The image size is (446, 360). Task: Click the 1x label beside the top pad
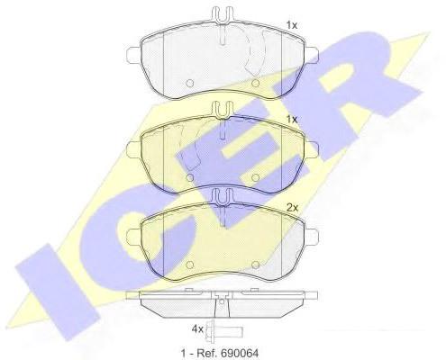point(291,25)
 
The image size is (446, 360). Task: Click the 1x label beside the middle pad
point(291,120)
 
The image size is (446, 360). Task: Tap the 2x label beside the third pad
point(292,207)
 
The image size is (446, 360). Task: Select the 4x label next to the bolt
point(197,329)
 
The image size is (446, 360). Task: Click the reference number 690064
point(239,353)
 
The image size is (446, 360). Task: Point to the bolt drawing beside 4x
point(223,332)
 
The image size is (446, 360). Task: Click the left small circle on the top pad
point(190,84)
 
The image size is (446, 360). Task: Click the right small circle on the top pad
point(255,84)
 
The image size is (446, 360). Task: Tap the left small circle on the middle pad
point(190,177)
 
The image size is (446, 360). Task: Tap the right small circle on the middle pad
point(255,177)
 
